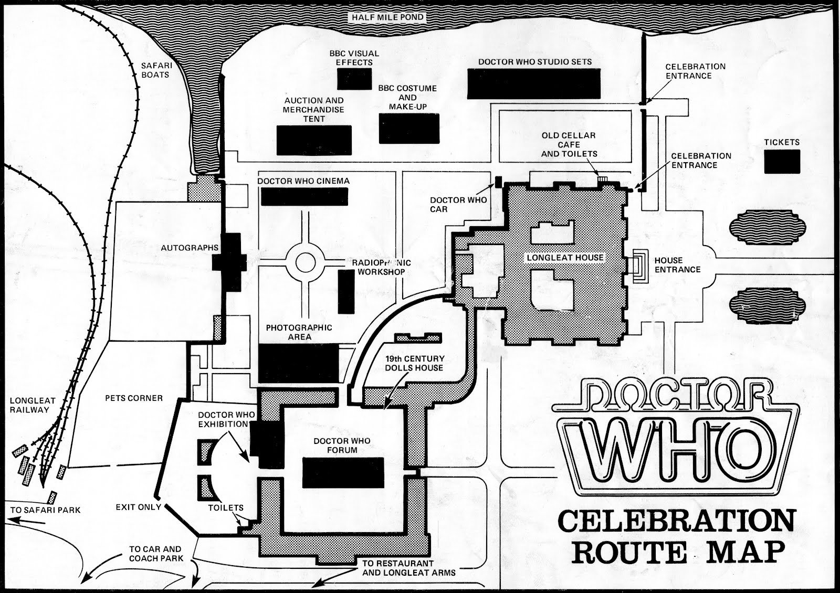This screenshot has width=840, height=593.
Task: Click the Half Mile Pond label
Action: pos(388,17)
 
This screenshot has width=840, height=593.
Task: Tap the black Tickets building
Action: pos(782,162)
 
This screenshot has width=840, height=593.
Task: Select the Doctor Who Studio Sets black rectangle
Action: pos(533,83)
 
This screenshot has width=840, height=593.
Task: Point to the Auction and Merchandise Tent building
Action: pos(314,140)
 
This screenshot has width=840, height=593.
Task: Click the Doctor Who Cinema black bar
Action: pos(304,196)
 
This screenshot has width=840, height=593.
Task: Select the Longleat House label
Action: pos(565,258)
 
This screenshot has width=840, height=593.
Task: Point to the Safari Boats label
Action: pos(155,70)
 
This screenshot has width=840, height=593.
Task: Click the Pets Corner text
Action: pos(134,398)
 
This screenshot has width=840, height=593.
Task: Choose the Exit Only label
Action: pos(139,507)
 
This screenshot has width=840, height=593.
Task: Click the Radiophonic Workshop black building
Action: pos(346,292)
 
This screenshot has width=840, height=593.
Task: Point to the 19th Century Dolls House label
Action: pos(414,363)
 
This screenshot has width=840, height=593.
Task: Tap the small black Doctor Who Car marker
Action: pos(498,182)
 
